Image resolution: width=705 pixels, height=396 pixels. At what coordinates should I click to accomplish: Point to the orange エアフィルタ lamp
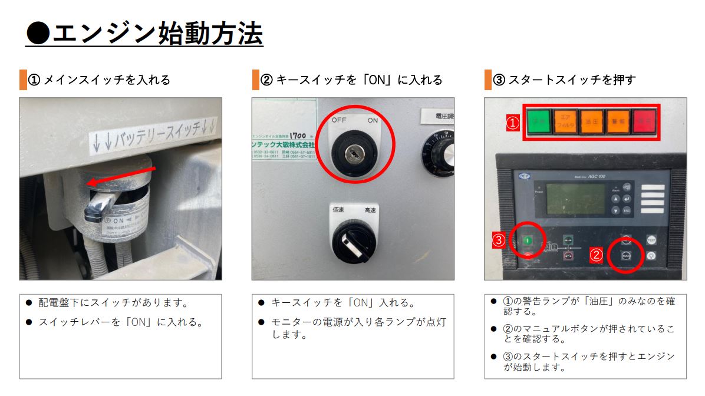pyautogui.click(x=565, y=123)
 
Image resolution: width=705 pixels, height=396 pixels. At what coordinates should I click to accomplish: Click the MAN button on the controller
pyautogui.click(x=625, y=256)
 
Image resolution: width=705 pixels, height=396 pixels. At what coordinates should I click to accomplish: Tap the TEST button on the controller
pyautogui.click(x=651, y=240)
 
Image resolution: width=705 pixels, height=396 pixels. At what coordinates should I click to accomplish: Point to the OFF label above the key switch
pyautogui.click(x=339, y=120)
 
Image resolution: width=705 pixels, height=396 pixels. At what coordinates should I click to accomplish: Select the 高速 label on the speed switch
pyautogui.click(x=371, y=210)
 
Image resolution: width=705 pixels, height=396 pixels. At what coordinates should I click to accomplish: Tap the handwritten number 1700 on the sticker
pyautogui.click(x=299, y=134)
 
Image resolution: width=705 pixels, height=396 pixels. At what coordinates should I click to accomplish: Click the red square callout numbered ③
pyautogui.click(x=499, y=240)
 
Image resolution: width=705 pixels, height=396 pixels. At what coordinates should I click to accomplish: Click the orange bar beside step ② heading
pyautogui.click(x=255, y=80)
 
